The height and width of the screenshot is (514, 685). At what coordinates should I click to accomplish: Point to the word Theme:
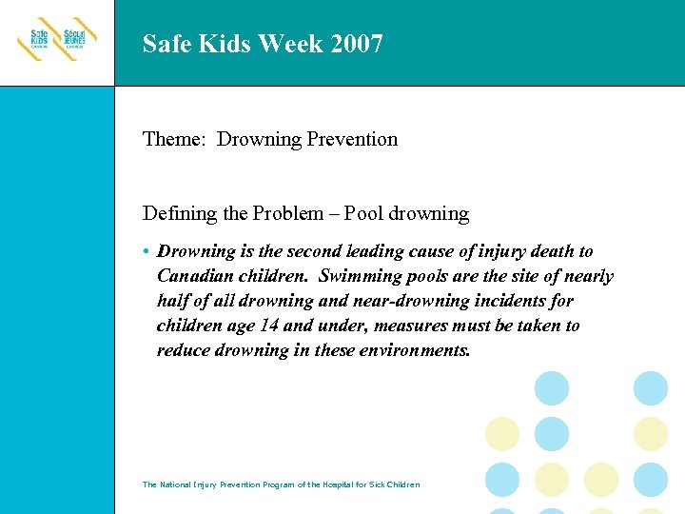pyautogui.click(x=175, y=139)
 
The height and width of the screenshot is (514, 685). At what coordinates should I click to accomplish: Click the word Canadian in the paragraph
pyautogui.click(x=192, y=276)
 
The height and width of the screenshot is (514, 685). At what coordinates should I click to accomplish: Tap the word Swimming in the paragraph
pyautogui.click(x=362, y=276)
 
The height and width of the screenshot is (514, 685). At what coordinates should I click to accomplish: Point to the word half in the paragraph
pyautogui.click(x=172, y=301)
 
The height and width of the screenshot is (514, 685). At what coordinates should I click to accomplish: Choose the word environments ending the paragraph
pyautogui.click(x=410, y=350)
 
